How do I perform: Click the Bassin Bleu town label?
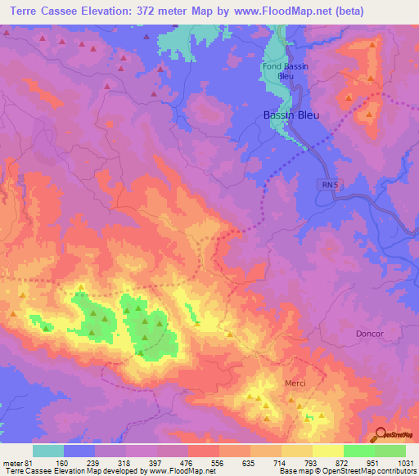[291, 115]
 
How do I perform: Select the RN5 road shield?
[328, 186]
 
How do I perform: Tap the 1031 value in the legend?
[406, 462]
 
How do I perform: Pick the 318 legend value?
[125, 462]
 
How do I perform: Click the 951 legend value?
[374, 462]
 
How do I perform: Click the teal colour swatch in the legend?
[47, 451]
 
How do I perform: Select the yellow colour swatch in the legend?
[327, 451]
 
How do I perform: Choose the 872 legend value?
[343, 462]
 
